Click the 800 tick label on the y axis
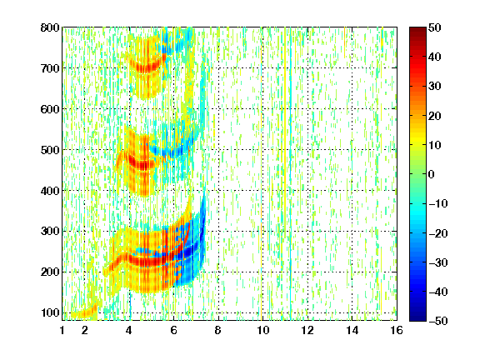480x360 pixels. (x=50, y=27)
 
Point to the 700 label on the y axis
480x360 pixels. (x=50, y=68)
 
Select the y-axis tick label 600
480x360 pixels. (x=50, y=109)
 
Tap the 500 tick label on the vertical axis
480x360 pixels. (x=50, y=150)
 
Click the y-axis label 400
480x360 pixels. (x=50, y=191)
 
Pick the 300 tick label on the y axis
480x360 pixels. (x=50, y=231)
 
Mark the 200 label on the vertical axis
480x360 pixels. (x=50, y=272)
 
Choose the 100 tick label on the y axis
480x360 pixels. (x=50, y=312)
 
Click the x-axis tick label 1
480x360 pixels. (x=62, y=330)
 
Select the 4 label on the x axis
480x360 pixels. (x=129, y=330)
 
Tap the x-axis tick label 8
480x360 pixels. (x=218, y=330)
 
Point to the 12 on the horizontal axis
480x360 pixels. (x=307, y=330)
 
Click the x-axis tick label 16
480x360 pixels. (x=397, y=330)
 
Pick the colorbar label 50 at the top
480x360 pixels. (x=435, y=27)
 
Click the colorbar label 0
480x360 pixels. (x=432, y=174)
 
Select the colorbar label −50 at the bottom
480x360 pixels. (x=438, y=321)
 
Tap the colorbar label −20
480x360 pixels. (x=438, y=233)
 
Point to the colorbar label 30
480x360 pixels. (x=435, y=86)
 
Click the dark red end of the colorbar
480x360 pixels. (x=417, y=30)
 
